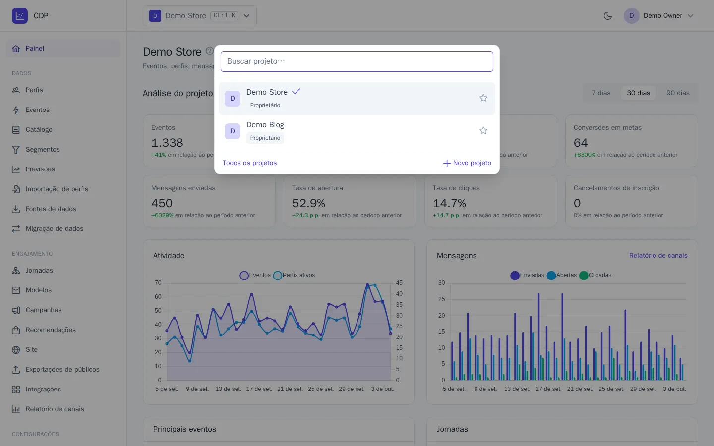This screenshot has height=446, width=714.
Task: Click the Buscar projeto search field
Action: pyautogui.click(x=357, y=61)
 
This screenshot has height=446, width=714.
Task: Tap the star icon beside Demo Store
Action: pyautogui.click(x=483, y=98)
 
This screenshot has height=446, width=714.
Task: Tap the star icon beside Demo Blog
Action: pyautogui.click(x=483, y=131)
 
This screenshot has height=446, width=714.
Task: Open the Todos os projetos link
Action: pyautogui.click(x=249, y=163)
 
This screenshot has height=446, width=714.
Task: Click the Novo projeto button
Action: pyautogui.click(x=467, y=163)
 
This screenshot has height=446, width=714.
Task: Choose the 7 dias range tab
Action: pyautogui.click(x=601, y=93)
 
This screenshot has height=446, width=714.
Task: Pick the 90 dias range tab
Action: pyautogui.click(x=678, y=93)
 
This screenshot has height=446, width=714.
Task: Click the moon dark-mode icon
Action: pyautogui.click(x=608, y=16)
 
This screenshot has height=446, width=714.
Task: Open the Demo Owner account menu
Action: pyautogui.click(x=658, y=16)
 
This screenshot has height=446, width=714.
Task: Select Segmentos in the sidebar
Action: pyautogui.click(x=43, y=150)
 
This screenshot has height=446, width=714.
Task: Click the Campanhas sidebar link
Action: pyautogui.click(x=44, y=310)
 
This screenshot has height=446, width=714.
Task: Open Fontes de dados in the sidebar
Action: pyautogui.click(x=51, y=209)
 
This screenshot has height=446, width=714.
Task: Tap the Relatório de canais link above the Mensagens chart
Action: pyautogui.click(x=658, y=256)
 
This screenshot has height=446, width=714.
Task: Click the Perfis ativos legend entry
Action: pyautogui.click(x=295, y=275)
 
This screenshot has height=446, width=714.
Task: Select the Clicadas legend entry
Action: pyautogui.click(x=595, y=275)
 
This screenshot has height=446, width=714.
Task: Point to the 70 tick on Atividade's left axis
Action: pyautogui.click(x=158, y=283)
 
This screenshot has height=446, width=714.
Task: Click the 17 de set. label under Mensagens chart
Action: pyautogui.click(x=548, y=389)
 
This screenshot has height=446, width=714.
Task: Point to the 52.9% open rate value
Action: pyautogui.click(x=308, y=203)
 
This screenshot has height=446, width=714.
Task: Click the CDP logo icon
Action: pyautogui.click(x=20, y=16)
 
